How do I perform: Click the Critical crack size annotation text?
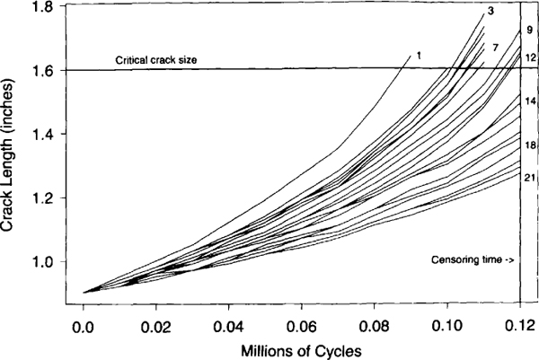pos(155,60)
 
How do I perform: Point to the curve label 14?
pos(529,101)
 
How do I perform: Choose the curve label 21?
pos(529,177)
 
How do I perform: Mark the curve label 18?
pos(529,145)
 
